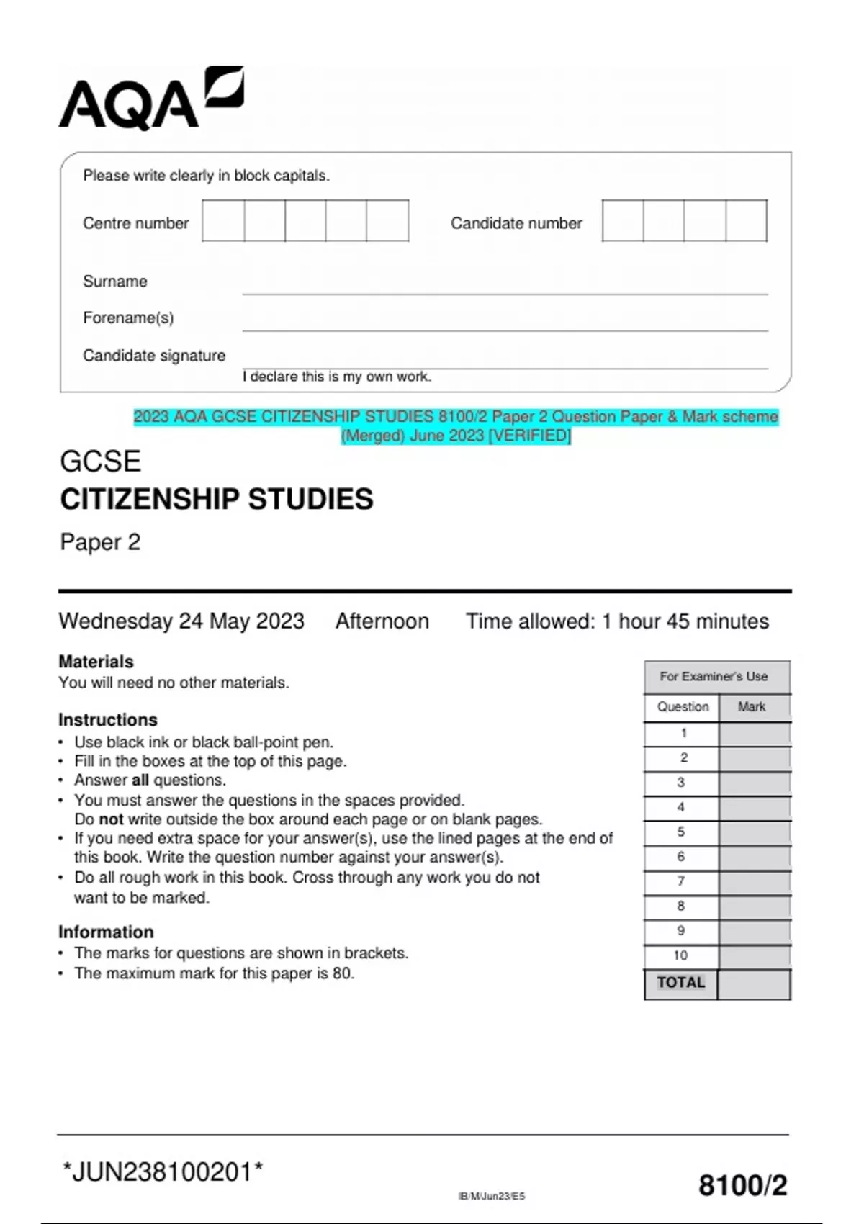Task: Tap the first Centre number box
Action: point(223,221)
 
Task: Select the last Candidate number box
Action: point(747,221)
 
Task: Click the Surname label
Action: point(115,282)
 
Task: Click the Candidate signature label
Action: point(154,356)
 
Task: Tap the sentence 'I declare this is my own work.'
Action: point(337,377)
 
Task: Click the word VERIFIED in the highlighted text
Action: point(531,436)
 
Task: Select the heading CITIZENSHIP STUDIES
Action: point(216,499)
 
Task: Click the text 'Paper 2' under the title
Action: point(100,542)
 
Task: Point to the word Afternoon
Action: point(382,621)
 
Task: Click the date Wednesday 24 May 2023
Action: point(181,621)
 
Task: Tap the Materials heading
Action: point(96,662)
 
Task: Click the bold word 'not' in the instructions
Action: point(111,819)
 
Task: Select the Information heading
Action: point(106,932)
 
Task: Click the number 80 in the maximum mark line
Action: point(342,973)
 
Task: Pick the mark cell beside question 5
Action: point(754,833)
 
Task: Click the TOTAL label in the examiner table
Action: point(680,983)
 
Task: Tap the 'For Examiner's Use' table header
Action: point(714,677)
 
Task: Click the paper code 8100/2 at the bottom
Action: point(742,1185)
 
